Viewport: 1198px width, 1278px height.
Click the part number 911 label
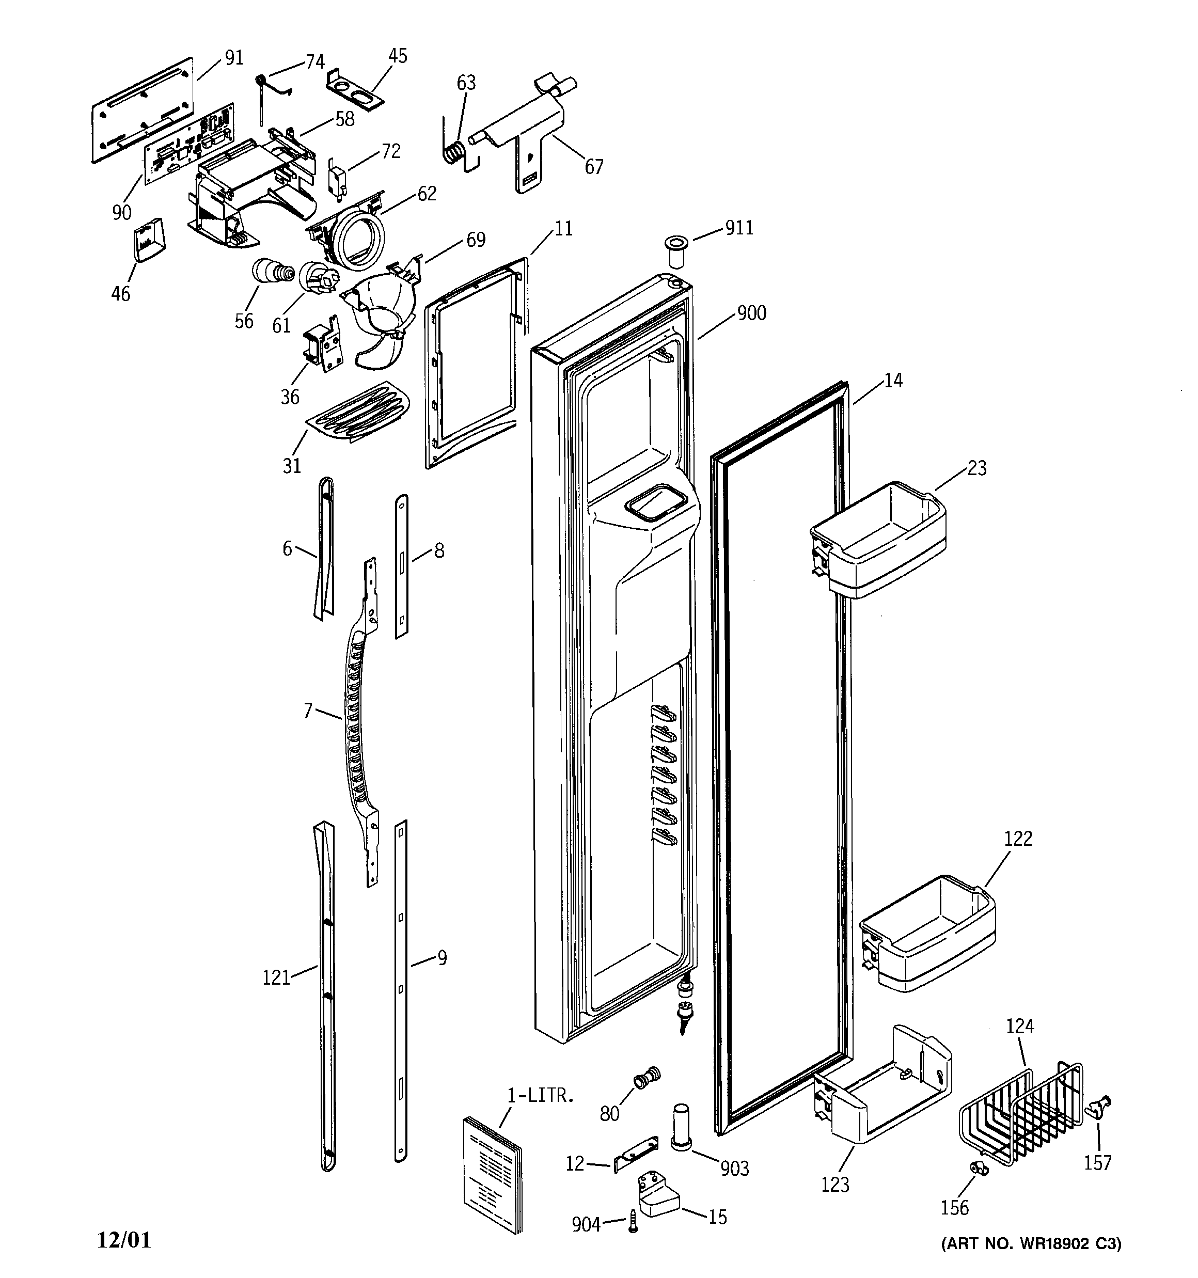point(739,228)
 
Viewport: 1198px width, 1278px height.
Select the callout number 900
point(751,314)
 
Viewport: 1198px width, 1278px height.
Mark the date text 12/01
point(123,1240)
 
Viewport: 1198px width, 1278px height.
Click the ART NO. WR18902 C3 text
point(1031,1243)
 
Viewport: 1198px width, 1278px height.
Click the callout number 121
point(276,978)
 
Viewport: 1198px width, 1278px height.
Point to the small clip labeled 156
point(979,1169)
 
